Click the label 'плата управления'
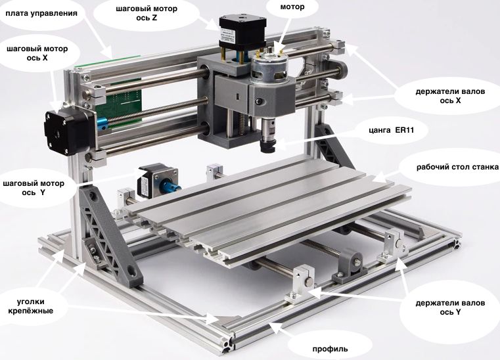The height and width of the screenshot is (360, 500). click(41, 13)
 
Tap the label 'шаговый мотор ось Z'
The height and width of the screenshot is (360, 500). click(147, 13)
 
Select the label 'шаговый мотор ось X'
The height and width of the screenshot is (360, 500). click(37, 53)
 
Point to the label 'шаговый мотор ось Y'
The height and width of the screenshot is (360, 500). click(34, 188)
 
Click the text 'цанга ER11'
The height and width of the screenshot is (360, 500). click(392, 130)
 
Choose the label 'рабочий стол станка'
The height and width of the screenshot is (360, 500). click(457, 167)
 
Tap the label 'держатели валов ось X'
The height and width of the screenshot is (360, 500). click(450, 96)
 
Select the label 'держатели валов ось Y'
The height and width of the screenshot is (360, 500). click(450, 307)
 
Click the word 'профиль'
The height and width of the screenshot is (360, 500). click(330, 349)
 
